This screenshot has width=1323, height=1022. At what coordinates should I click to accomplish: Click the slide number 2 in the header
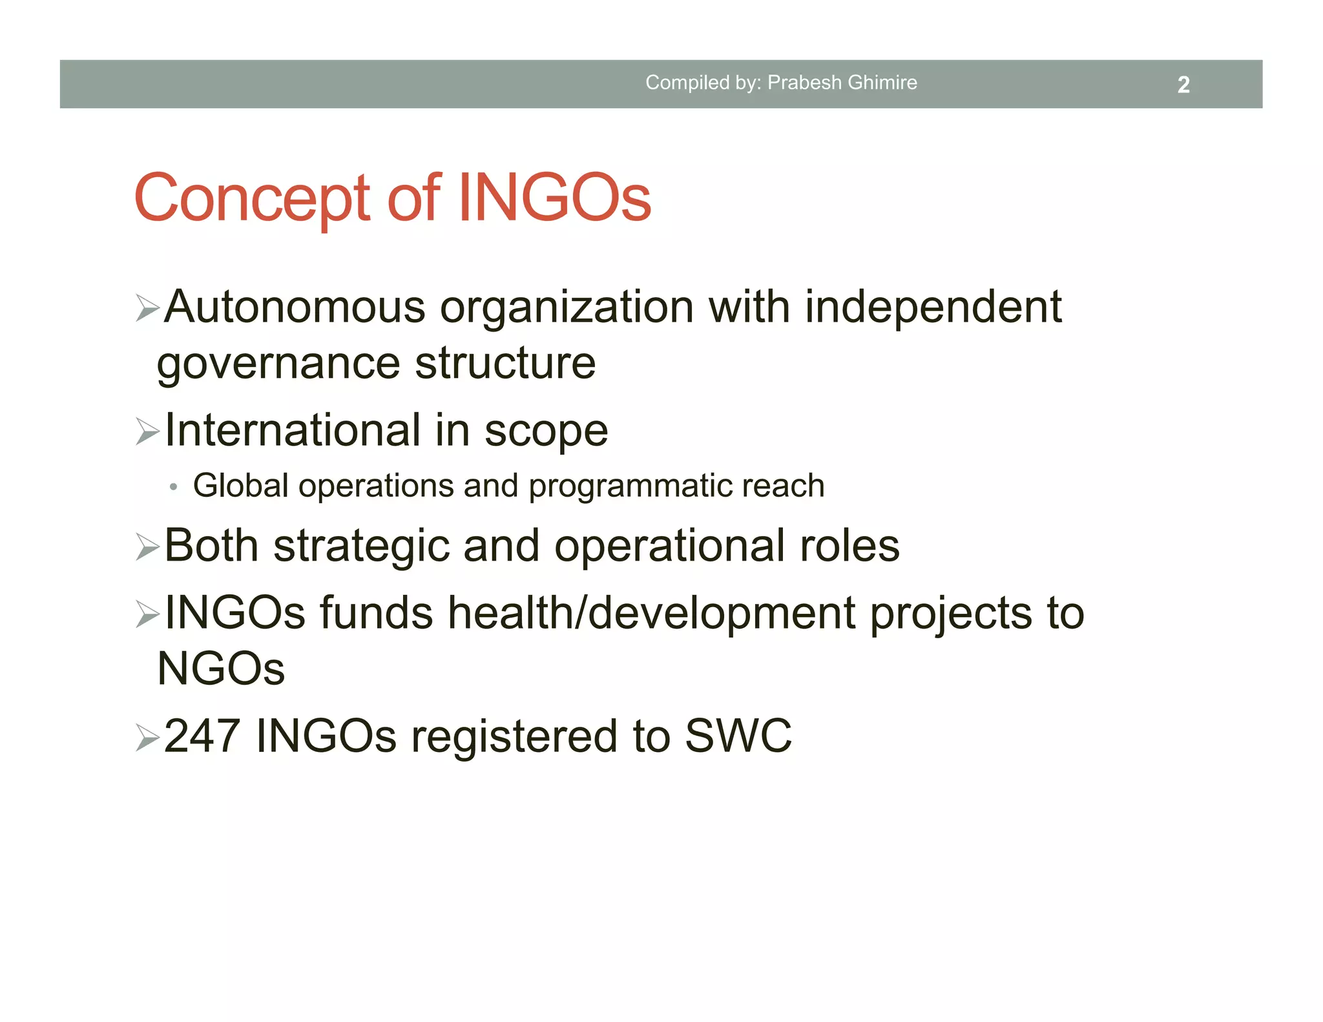pos(1183,85)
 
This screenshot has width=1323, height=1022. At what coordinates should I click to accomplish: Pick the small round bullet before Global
pos(173,487)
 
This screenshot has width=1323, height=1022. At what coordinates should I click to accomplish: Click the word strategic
pos(361,547)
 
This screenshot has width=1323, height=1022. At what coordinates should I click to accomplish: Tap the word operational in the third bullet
pos(669,547)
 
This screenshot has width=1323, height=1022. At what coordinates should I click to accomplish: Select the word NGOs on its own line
pos(221,669)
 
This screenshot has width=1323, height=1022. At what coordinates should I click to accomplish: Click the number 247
pos(202,736)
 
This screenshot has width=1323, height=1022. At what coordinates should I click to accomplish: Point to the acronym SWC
pos(738,736)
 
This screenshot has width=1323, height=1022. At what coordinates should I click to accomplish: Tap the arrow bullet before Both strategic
pos(148,548)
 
